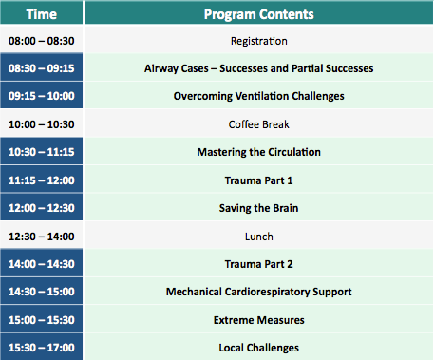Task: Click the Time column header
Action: (x=41, y=14)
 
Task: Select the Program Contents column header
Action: (x=258, y=14)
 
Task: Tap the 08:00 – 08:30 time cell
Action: (x=41, y=42)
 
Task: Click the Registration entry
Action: (x=258, y=42)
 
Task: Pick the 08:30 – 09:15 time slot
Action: (x=41, y=69)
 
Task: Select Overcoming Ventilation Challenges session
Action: (x=258, y=97)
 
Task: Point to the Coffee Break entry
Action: (x=258, y=124)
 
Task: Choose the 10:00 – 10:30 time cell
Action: (x=41, y=124)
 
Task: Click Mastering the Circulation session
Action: (x=258, y=152)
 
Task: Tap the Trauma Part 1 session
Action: (x=258, y=180)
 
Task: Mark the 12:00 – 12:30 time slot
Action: (x=41, y=208)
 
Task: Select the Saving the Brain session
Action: (x=258, y=208)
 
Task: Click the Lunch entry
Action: (x=258, y=236)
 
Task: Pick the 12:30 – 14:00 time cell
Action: (x=41, y=236)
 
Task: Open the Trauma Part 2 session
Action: (x=258, y=264)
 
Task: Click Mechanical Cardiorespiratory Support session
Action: (x=258, y=292)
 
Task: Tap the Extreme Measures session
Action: (x=258, y=320)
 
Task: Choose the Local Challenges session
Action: (x=258, y=348)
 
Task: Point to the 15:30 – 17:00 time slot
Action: (x=41, y=348)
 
